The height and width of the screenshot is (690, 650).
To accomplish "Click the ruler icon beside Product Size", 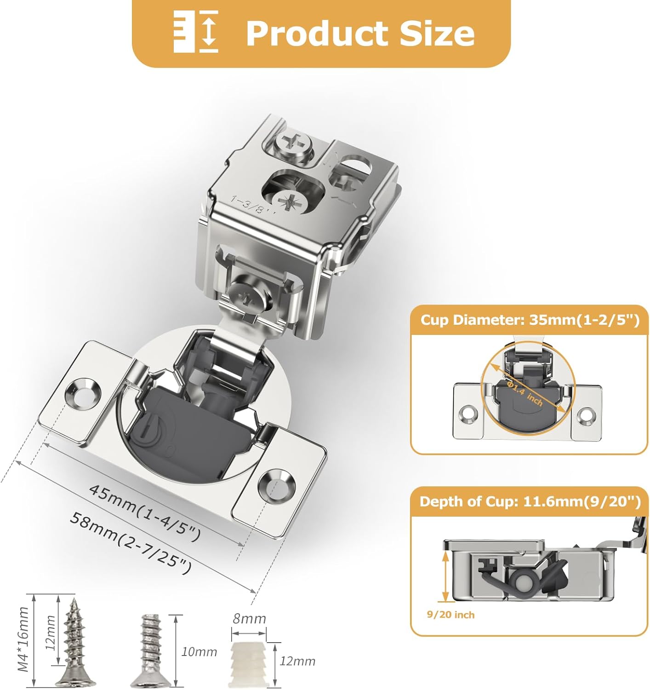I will tap(196, 32).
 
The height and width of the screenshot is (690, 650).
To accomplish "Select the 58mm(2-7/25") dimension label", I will tap(131, 543).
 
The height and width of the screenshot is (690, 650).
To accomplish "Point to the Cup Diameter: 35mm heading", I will tap(530, 320).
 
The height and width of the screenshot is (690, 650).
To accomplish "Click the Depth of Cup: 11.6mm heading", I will tap(530, 501).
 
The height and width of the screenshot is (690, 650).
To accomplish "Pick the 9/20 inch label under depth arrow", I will tap(450, 615).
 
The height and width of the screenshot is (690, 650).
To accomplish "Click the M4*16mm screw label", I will tap(23, 639).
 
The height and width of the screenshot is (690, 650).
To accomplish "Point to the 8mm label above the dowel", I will tap(249, 619).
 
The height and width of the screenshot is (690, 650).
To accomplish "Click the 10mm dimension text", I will tap(199, 651).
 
